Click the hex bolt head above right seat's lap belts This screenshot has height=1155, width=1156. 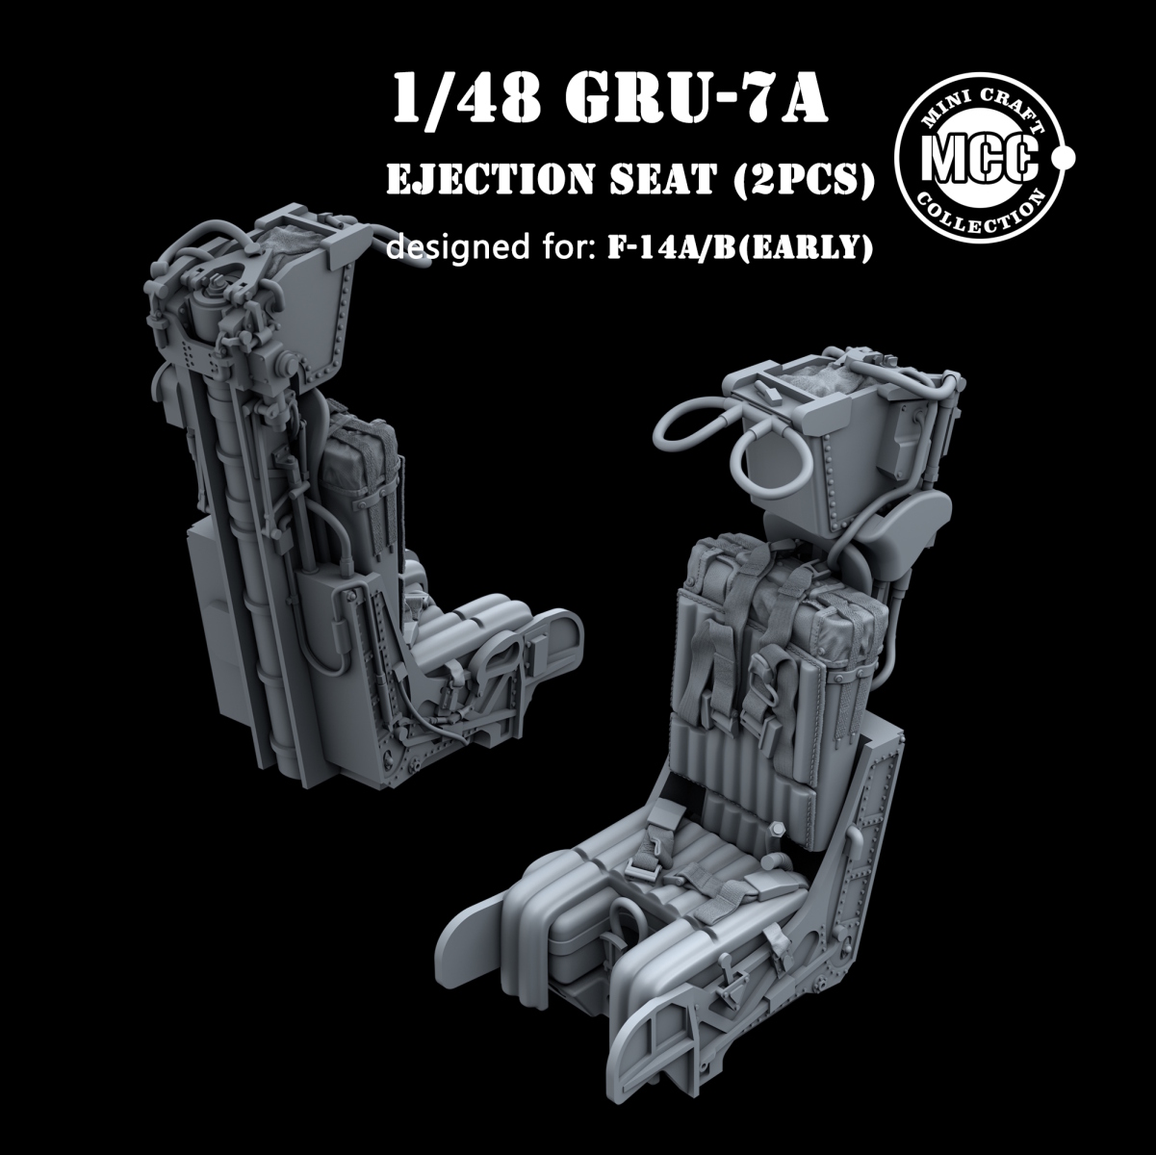point(775,829)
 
